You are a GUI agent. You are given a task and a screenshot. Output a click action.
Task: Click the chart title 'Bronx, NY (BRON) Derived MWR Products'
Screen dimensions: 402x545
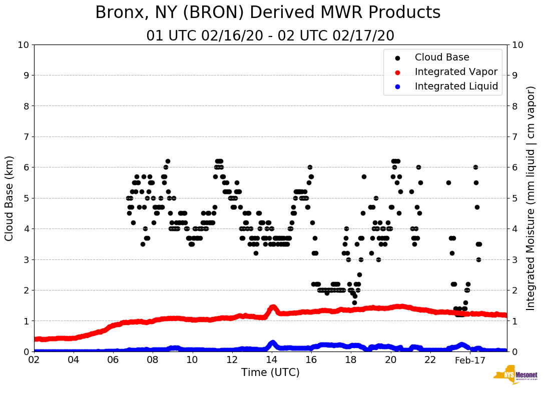[x=268, y=12]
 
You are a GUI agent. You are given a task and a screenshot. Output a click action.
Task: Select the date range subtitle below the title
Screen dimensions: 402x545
[x=270, y=36]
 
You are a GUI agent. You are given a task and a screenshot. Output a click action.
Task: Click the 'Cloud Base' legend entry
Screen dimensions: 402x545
[x=442, y=57]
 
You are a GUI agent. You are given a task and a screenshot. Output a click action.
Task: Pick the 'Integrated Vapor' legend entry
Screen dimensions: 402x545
[x=456, y=72]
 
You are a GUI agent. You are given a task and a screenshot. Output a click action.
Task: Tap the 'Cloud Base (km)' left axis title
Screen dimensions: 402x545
[x=10, y=198]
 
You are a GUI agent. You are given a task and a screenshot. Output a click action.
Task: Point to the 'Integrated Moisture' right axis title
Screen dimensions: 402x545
[x=531, y=198]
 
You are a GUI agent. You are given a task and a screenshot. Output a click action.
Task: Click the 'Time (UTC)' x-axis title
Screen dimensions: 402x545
[x=270, y=372]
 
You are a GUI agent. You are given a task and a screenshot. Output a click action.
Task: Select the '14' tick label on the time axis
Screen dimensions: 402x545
[x=272, y=360]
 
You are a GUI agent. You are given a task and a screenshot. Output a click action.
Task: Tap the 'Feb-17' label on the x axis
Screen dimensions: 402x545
[x=470, y=360]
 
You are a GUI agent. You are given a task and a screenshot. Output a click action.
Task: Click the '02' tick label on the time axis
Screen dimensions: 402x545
[x=34, y=360]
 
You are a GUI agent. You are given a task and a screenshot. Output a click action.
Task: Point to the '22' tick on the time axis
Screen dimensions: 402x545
[x=430, y=360]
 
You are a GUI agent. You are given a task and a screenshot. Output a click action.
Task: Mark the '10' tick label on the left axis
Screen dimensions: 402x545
[x=24, y=45]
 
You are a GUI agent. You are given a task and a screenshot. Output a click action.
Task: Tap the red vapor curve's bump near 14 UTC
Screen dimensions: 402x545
[x=273, y=307]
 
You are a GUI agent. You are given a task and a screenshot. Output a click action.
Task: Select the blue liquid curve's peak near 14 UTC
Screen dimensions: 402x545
[x=272, y=343]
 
